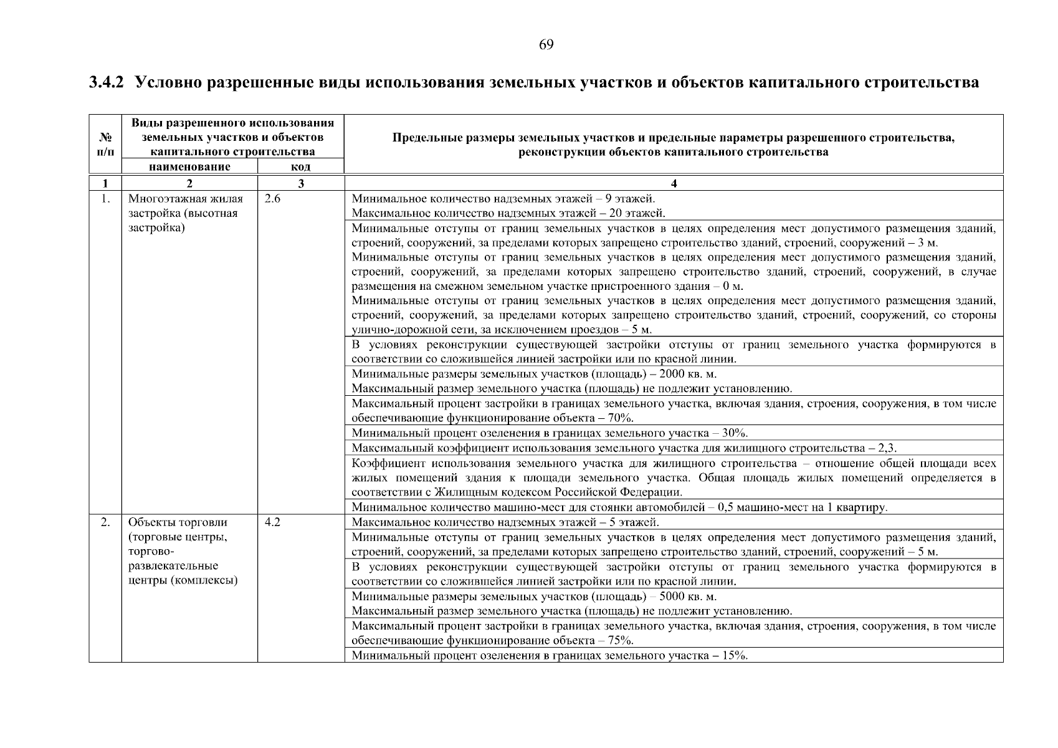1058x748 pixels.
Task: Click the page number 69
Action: point(546,44)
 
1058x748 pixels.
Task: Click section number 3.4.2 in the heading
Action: point(107,83)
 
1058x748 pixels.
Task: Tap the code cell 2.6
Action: point(272,199)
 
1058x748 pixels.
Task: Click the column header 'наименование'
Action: point(189,166)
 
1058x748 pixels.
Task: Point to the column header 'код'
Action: point(301,167)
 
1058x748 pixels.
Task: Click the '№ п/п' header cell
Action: point(105,144)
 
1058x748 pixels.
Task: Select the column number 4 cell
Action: point(674,183)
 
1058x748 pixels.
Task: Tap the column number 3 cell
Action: point(301,183)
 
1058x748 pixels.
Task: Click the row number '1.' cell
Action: point(106,199)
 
